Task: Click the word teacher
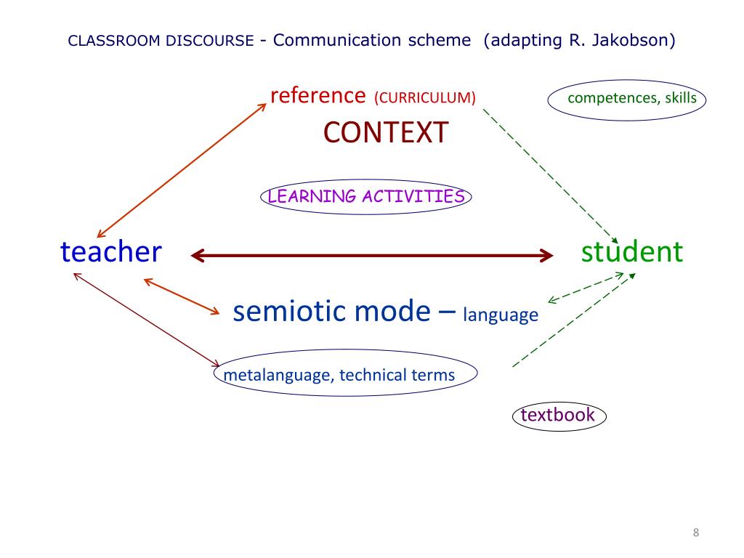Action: tap(110, 252)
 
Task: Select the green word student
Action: tap(632, 252)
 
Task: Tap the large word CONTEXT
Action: tap(386, 133)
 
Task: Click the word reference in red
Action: tap(318, 95)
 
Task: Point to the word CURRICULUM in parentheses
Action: tap(425, 97)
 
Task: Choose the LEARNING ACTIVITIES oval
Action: tap(365, 197)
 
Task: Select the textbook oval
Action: tap(558, 416)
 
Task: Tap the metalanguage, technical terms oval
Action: tap(344, 375)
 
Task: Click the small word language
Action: tap(501, 315)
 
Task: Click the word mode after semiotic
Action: tap(396, 311)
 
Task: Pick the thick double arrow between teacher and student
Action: tap(371, 255)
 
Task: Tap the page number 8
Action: tap(695, 533)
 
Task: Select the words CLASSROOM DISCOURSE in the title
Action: tap(161, 41)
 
